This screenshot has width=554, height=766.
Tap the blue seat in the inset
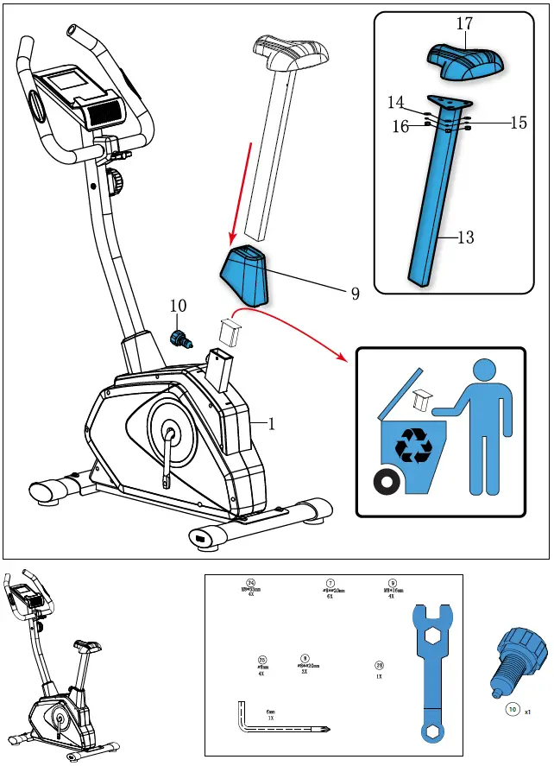click(x=465, y=63)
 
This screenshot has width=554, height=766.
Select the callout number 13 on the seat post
click(x=465, y=237)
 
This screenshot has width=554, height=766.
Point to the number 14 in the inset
click(x=396, y=103)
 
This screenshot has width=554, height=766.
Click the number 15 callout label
click(x=518, y=123)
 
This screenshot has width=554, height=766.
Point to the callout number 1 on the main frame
click(x=271, y=424)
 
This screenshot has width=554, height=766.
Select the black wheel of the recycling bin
click(x=386, y=482)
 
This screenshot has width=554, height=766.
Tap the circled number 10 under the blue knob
click(x=512, y=711)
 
